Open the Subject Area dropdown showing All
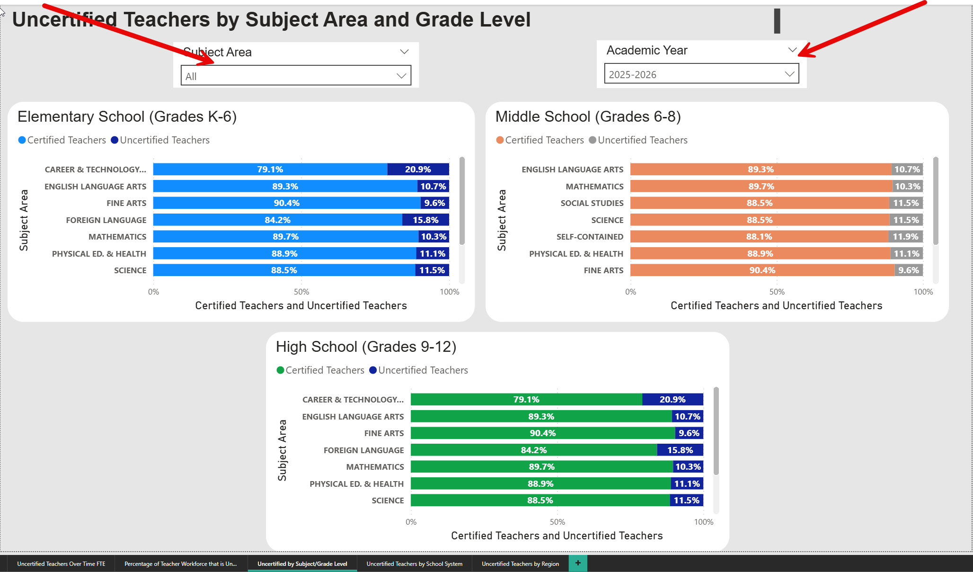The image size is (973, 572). pyautogui.click(x=296, y=76)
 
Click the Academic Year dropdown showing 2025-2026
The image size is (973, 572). pyautogui.click(x=701, y=74)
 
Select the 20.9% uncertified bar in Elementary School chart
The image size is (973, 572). pyautogui.click(x=418, y=170)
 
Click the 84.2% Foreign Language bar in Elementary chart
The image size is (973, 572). pyautogui.click(x=277, y=220)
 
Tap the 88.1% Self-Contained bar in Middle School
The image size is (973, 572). pyautogui.click(x=759, y=237)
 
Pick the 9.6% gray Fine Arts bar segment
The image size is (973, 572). pyautogui.click(x=909, y=270)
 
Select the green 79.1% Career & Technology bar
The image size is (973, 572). pyautogui.click(x=526, y=400)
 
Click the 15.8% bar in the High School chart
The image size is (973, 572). pyautogui.click(x=680, y=450)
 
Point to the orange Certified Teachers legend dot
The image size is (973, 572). pyautogui.click(x=500, y=140)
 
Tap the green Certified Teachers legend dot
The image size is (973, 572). pyautogui.click(x=280, y=370)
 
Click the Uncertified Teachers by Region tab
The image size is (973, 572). pyautogui.click(x=520, y=564)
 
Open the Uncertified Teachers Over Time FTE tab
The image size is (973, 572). pyautogui.click(x=61, y=564)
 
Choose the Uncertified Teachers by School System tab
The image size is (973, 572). pyautogui.click(x=414, y=564)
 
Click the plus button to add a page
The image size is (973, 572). pyautogui.click(x=578, y=563)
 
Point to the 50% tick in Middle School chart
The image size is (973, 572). pyautogui.click(x=777, y=292)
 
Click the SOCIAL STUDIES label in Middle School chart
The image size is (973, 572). pyautogui.click(x=592, y=203)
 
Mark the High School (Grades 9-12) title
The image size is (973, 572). pyautogui.click(x=366, y=347)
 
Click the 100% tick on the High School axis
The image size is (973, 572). pyautogui.click(x=703, y=522)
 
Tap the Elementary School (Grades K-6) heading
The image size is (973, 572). pyautogui.click(x=127, y=116)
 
